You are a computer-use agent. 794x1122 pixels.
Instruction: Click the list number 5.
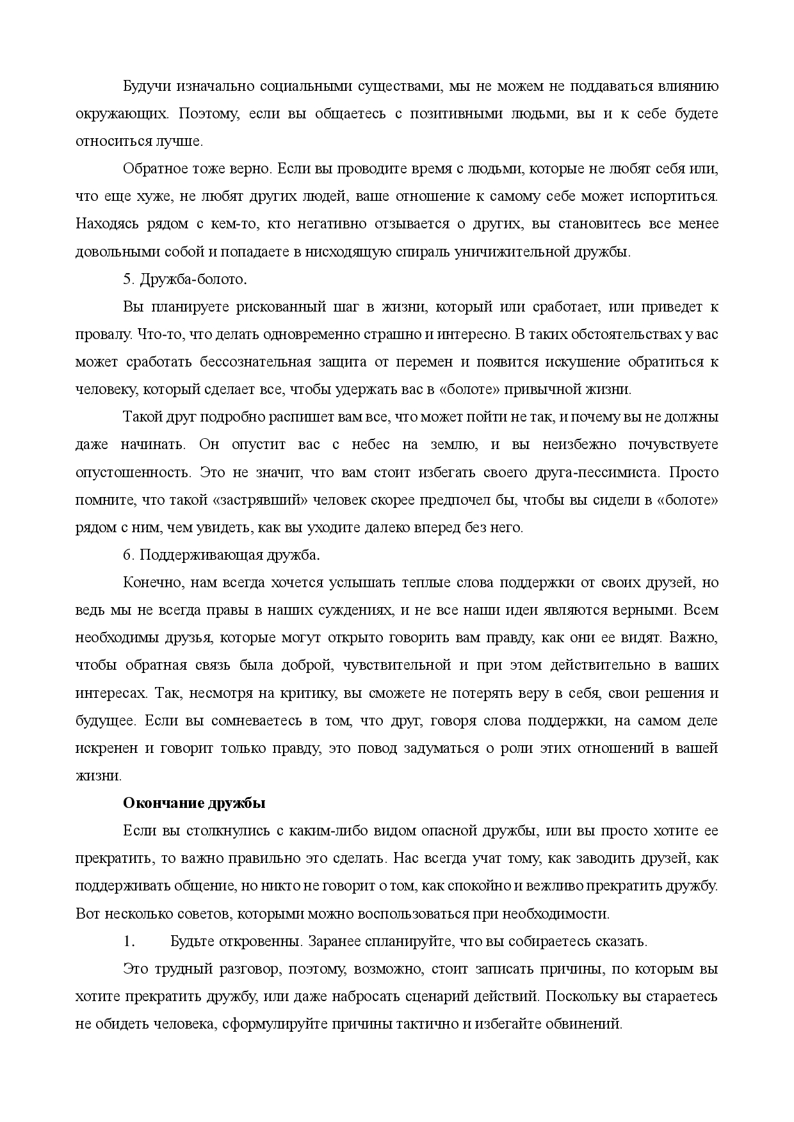(127, 280)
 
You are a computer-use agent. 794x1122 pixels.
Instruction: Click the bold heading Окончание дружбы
(193, 803)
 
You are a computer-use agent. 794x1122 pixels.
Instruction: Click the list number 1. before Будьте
(129, 942)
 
